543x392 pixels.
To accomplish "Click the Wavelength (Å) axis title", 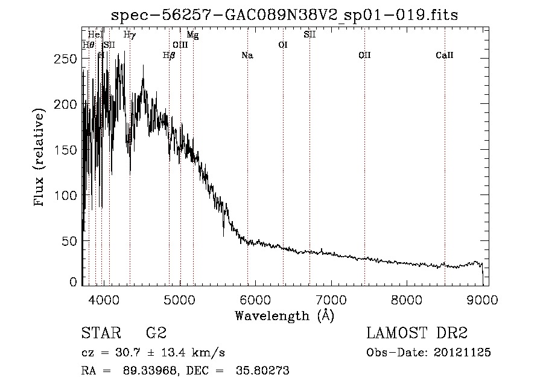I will coord(284,315).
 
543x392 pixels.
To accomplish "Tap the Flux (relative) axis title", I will coord(40,158).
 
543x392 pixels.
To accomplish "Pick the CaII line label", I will coord(445,56).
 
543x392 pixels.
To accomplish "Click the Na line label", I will coord(247,56).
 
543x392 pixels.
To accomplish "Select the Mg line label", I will coord(192,35).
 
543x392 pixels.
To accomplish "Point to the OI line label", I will coord(282,45).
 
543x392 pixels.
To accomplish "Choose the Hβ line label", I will coord(169,56).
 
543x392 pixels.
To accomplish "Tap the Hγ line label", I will coord(129,35).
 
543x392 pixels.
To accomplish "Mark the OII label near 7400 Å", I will coord(364,56).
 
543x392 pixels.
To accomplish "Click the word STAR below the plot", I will coord(101,333).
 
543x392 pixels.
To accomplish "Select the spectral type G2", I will coord(156,333).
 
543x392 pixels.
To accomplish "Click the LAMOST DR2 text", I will coord(417,333).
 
